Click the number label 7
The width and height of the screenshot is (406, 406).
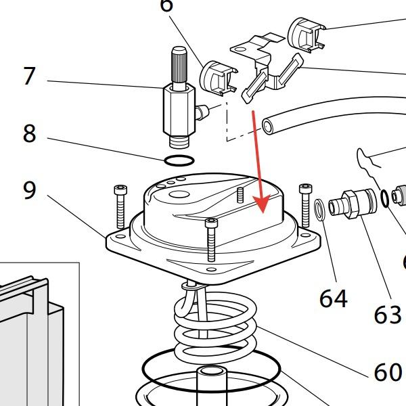click(x=28, y=76)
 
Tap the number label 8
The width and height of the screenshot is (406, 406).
click(x=28, y=133)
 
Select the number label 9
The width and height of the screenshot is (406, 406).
click(x=28, y=190)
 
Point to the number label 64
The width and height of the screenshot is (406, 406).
click(x=333, y=297)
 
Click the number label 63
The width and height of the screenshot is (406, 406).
click(x=387, y=314)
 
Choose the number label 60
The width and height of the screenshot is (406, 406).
click(x=387, y=371)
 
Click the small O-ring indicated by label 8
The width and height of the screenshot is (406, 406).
click(x=179, y=160)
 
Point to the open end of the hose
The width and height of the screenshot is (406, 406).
click(x=269, y=126)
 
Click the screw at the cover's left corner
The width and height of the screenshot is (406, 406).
click(x=120, y=203)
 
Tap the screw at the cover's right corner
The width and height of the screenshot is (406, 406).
click(x=305, y=203)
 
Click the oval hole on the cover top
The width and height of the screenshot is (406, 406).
click(x=181, y=196)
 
